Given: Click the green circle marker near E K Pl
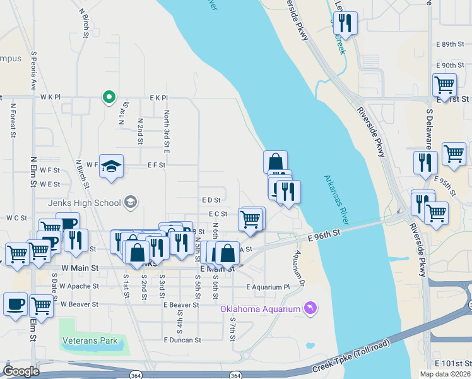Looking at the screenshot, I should pos(109,97).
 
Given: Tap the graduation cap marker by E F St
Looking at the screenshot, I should pos(112,166).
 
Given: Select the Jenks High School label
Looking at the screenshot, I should pos(85,203).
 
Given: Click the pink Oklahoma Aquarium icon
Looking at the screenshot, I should pos(309,308).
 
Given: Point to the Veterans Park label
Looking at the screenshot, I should pos(90,340).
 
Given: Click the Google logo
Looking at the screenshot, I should pos(21,371).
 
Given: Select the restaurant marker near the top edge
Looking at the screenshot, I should pos(345,23).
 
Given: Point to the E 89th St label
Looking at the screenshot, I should pos(449,44).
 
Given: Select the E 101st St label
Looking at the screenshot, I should pos(452,363).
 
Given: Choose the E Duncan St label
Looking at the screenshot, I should pos(182,339).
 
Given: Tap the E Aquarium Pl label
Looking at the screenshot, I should pos(267,287).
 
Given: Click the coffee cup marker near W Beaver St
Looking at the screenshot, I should pos(15,303).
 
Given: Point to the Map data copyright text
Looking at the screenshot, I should pos(445,374).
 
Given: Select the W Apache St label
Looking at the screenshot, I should pos(80,286).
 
